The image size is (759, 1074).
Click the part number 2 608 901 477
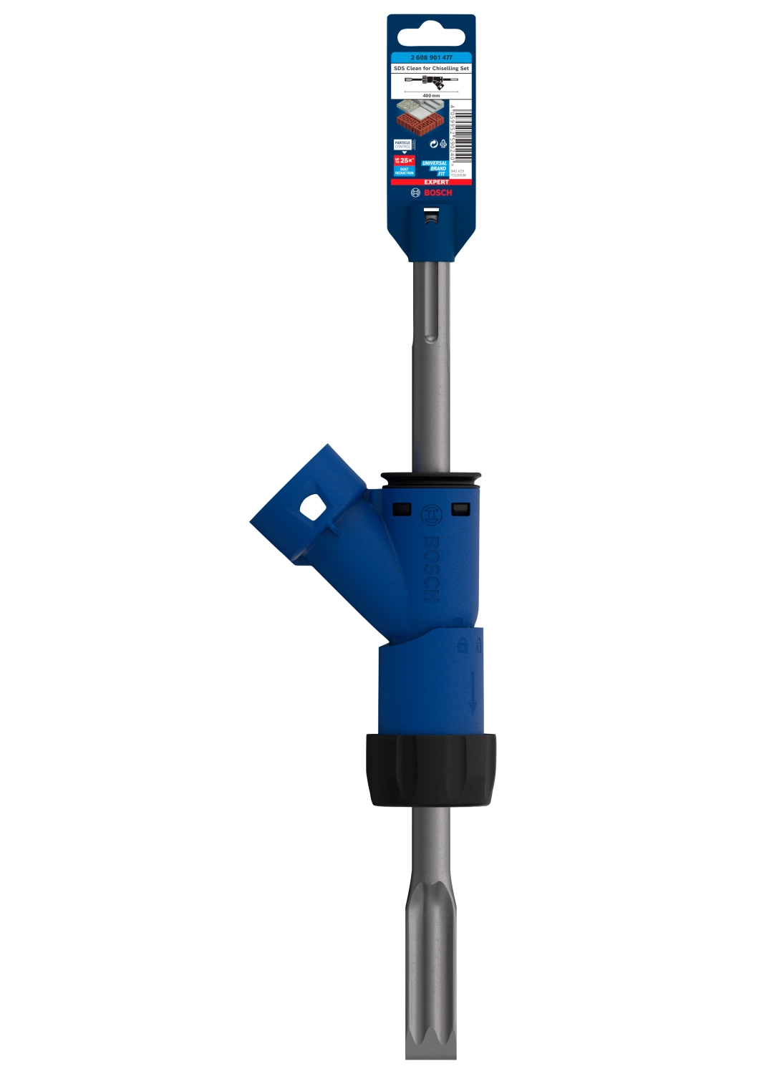(x=431, y=57)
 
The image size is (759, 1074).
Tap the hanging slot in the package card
(x=431, y=35)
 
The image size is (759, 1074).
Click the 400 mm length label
(x=431, y=95)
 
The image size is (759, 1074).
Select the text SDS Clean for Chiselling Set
(x=431, y=68)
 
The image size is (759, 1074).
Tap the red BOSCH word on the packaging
(x=437, y=193)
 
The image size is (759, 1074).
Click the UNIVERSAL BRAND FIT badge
(x=434, y=168)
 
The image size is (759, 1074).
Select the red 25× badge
(x=405, y=160)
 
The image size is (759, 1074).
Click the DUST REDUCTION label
(x=405, y=172)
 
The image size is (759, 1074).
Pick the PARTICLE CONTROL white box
(x=402, y=144)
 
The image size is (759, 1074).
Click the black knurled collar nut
(x=432, y=770)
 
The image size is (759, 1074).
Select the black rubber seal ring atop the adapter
(x=431, y=478)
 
